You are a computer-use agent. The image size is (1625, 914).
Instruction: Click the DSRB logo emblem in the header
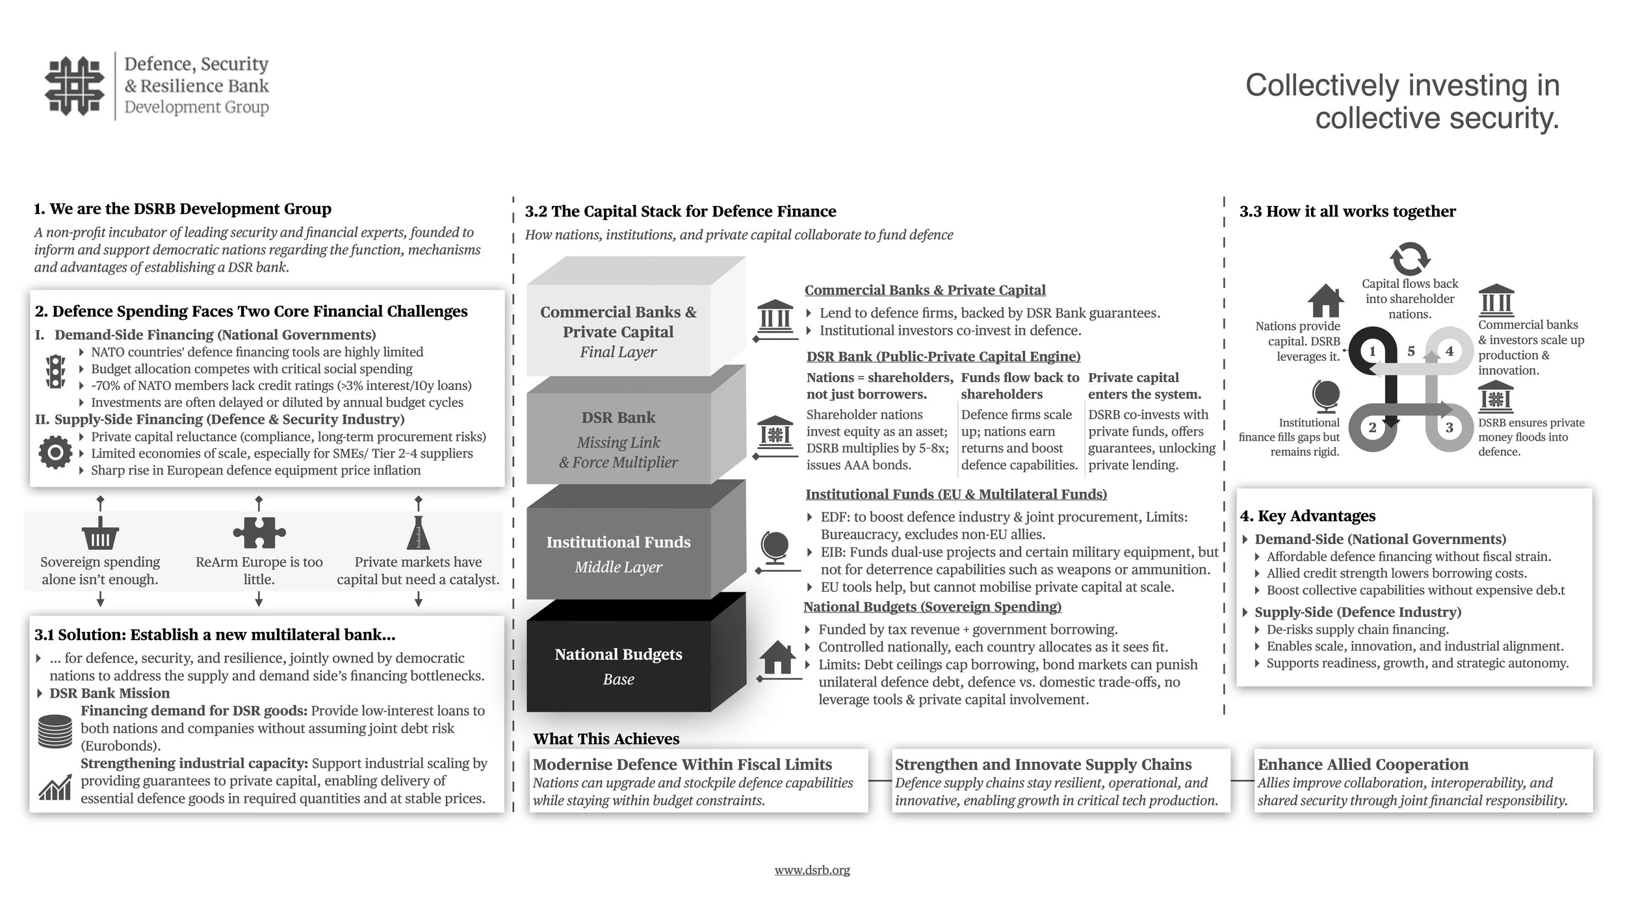[x=74, y=86]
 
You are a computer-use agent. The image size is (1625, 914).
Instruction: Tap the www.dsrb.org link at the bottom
[x=812, y=870]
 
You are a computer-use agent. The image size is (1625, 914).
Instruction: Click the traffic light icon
[x=56, y=371]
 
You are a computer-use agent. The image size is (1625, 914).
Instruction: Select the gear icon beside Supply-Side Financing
[x=55, y=452]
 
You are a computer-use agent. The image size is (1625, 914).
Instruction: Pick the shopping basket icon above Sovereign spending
[x=100, y=534]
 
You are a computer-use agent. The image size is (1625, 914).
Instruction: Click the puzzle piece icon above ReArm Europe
[x=259, y=533]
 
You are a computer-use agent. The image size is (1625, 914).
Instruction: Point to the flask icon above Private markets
[x=418, y=532]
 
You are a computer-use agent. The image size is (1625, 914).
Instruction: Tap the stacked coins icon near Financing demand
[x=55, y=731]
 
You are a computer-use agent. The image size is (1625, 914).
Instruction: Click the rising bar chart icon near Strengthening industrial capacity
[x=55, y=787]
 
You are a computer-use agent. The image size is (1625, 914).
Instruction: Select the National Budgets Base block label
[x=618, y=666]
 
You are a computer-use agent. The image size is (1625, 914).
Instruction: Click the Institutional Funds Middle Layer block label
[x=618, y=553]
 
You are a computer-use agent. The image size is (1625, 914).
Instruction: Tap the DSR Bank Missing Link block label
[x=618, y=439]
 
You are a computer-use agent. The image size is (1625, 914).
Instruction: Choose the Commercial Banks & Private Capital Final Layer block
[x=618, y=332]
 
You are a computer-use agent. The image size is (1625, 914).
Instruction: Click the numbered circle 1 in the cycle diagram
[x=1372, y=351]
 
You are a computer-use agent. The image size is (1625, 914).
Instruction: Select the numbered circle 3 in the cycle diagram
[x=1449, y=428]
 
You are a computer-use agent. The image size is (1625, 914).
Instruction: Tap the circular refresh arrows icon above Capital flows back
[x=1410, y=259]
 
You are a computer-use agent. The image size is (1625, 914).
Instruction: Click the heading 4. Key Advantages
[x=1308, y=516]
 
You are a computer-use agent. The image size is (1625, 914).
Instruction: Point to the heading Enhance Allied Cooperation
[x=1362, y=764]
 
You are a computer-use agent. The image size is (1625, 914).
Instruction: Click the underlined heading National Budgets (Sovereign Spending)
[x=932, y=607]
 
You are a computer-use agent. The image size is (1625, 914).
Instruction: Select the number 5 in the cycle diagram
[x=1411, y=351]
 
